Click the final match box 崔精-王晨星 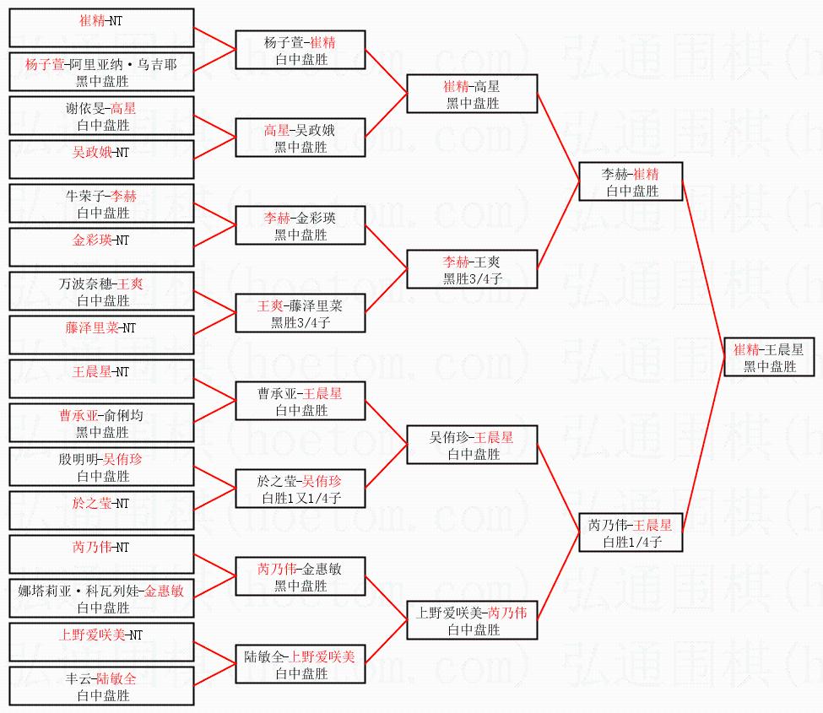point(769,357)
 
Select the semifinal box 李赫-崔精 point(631,181)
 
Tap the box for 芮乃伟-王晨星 point(631,532)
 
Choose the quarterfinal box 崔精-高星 point(472,94)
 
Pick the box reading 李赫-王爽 point(472,269)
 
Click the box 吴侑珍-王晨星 point(472,445)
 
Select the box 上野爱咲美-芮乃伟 point(472,620)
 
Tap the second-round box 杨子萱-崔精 point(301,50)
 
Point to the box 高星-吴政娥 point(301,138)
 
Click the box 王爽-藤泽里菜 point(301,313)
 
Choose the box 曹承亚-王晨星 point(301,401)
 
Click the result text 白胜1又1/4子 point(301,498)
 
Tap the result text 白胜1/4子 point(631,542)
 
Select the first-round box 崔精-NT point(101,28)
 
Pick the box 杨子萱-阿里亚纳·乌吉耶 point(101,72)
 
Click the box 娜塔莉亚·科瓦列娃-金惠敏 point(101,598)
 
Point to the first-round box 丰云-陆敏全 point(101,686)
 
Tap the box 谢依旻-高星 point(101,116)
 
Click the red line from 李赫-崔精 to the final point(703,269)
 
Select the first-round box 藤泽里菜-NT point(101,335)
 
